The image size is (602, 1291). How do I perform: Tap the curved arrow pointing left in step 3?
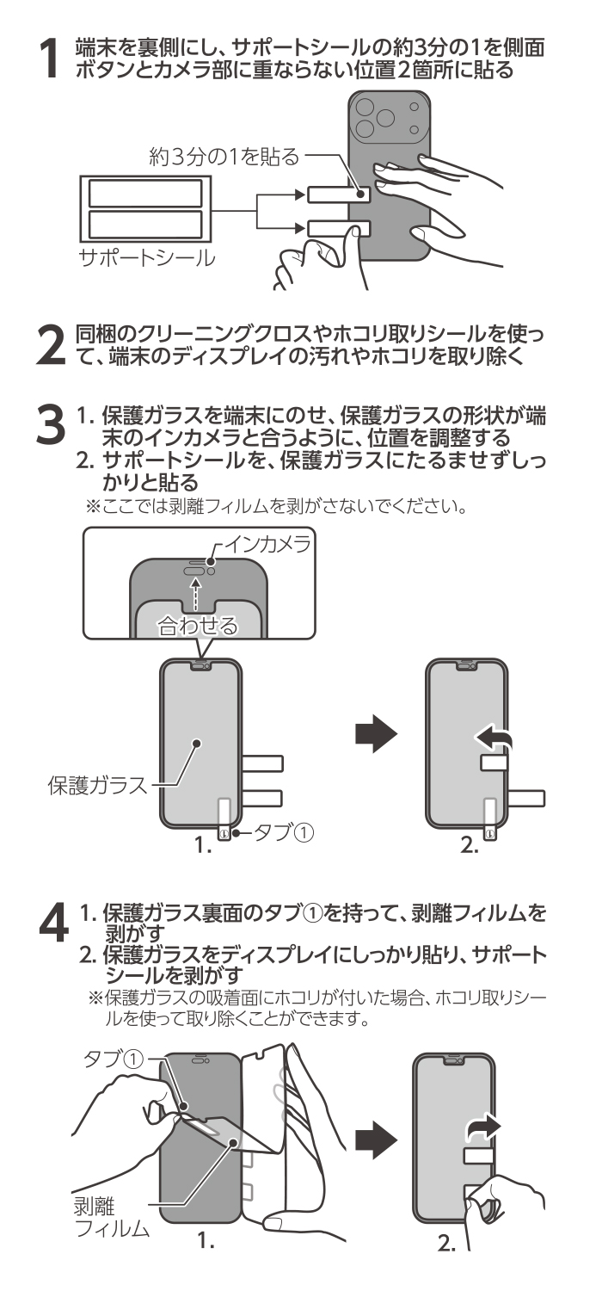coord(493,737)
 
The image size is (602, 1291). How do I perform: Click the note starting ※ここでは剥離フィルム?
coord(273,509)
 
